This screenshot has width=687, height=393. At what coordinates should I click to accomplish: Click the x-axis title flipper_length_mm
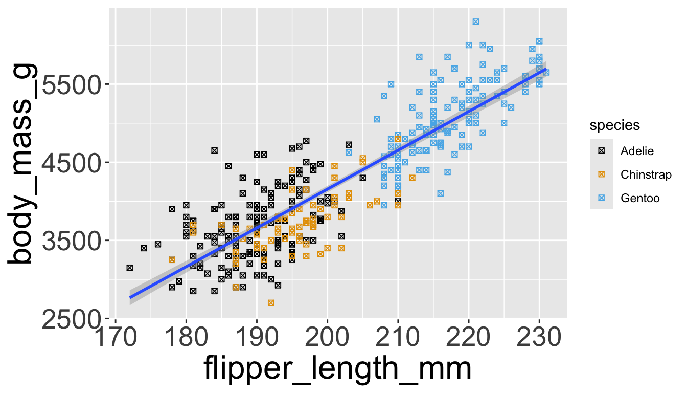tap(337, 369)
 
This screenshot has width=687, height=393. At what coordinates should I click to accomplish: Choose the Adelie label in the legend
tap(637, 151)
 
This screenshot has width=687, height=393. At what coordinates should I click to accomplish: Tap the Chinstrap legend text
tap(646, 174)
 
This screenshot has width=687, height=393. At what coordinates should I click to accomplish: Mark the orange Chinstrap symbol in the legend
tap(602, 174)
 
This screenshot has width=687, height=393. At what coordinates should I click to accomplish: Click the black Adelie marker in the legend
tap(602, 151)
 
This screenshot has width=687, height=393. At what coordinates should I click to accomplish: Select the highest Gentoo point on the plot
tap(476, 21)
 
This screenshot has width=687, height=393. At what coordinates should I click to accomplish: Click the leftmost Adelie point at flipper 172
tap(130, 268)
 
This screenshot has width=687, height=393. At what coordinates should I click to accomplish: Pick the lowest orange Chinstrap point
tap(271, 303)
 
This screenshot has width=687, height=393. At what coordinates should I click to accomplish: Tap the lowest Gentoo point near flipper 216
tap(441, 193)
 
